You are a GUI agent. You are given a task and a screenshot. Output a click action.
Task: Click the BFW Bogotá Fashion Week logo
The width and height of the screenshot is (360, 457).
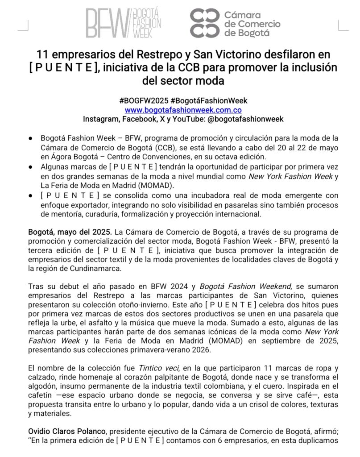pyautogui.click(x=124, y=22)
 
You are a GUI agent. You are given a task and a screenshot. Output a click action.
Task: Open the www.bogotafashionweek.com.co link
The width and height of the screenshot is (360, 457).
pyautogui.click(x=183, y=110)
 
